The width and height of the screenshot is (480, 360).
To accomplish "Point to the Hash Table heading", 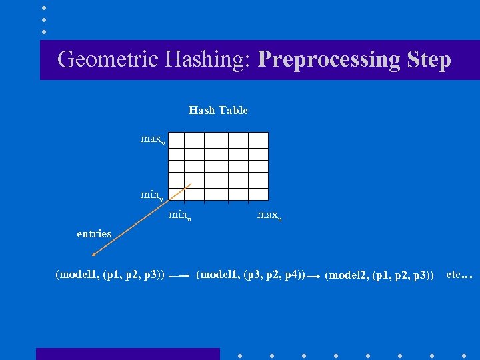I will pos(218,111).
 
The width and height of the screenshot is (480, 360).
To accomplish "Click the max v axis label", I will pos(153,139).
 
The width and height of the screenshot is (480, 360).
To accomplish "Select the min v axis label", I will pos(152,195).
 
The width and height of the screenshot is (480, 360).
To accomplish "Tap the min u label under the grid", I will pos(180,215).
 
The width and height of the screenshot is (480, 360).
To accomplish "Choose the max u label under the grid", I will pos(269,215).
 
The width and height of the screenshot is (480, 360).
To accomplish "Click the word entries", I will pos(94,233).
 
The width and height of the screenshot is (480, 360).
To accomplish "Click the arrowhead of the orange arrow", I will pos(94,254).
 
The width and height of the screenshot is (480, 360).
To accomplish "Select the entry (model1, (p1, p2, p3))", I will pos(111,275).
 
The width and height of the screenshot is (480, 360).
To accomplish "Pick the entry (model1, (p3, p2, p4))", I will pos(250,275).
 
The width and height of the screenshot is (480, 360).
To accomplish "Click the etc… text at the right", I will pos(459,274).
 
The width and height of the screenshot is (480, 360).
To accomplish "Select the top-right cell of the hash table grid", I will pos(258,139).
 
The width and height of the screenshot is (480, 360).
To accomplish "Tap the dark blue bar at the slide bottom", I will pos(127,353).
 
